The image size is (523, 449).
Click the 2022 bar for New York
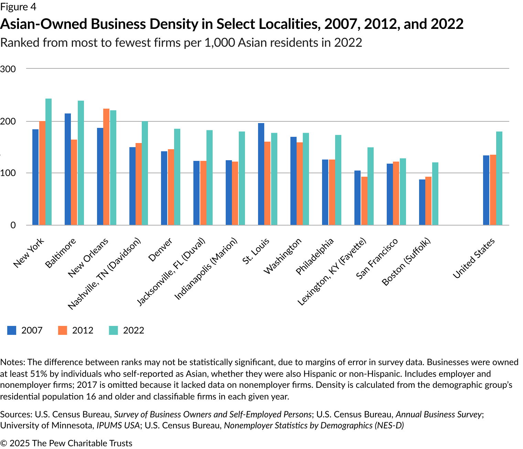pyautogui.click(x=49, y=162)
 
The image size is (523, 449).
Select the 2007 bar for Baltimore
pyautogui.click(x=68, y=169)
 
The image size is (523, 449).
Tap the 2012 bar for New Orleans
pyautogui.click(x=106, y=167)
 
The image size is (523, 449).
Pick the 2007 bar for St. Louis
pyautogui.click(x=261, y=174)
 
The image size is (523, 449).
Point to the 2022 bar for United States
pyautogui.click(x=499, y=178)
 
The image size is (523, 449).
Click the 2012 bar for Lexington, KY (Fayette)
pyautogui.click(x=364, y=201)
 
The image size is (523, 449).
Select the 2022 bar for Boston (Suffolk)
pyautogui.click(x=435, y=194)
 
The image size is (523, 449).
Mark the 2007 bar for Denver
pyautogui.click(x=164, y=188)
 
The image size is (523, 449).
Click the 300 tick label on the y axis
pyautogui.click(x=8, y=69)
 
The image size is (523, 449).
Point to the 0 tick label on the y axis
pyautogui.click(x=13, y=225)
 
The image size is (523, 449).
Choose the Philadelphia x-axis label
pyautogui.click(x=315, y=256)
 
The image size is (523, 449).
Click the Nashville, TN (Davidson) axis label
pyautogui.click(x=104, y=274)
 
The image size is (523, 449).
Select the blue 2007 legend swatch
pyautogui.click(x=12, y=330)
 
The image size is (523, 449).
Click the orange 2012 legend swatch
pyautogui.click(x=63, y=330)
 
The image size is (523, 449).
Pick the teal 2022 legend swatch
pyautogui.click(x=114, y=330)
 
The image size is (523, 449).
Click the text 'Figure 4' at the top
pyautogui.click(x=18, y=7)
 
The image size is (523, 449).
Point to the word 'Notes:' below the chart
pyautogui.click(x=12, y=362)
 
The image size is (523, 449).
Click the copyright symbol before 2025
pyautogui.click(x=4, y=443)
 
